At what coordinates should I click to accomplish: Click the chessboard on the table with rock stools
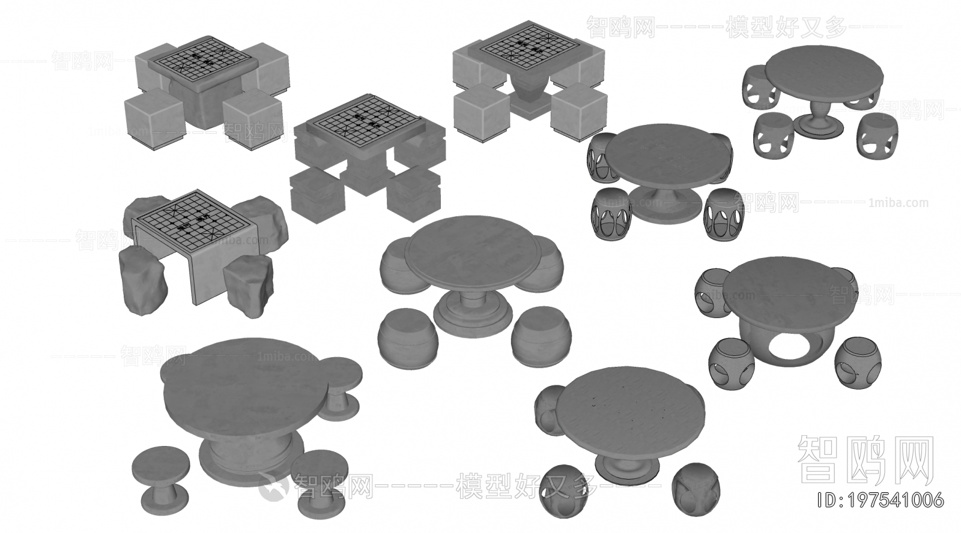coord(192,220)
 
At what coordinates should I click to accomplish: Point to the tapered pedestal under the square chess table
coord(529,96)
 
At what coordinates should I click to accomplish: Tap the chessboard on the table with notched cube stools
coord(366,120)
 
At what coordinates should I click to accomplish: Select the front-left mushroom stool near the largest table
coord(160,474)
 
